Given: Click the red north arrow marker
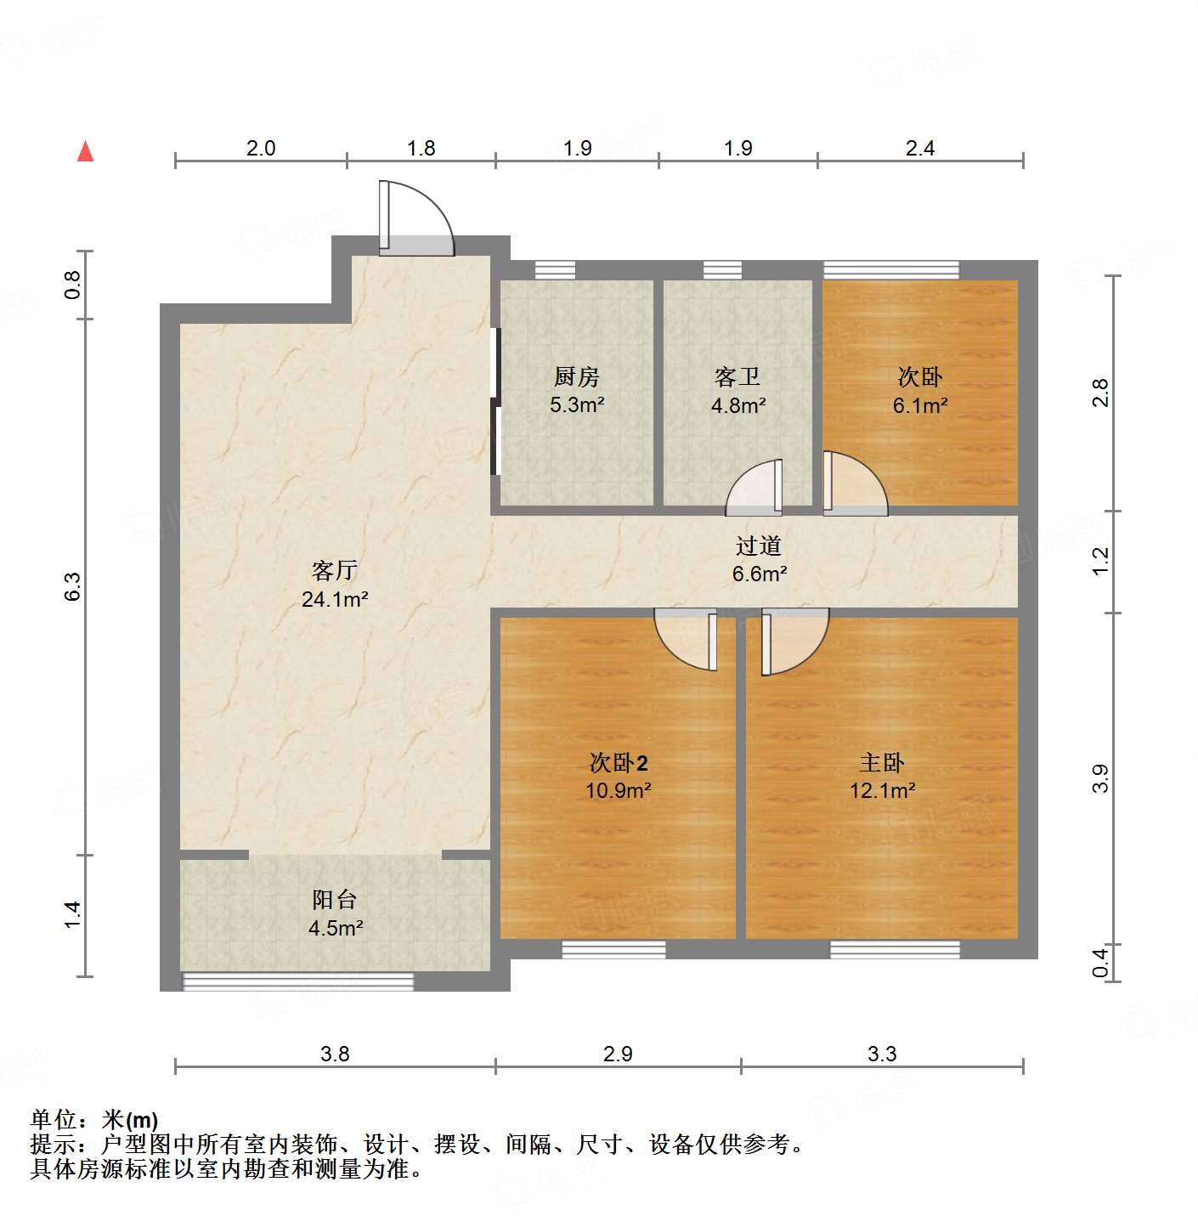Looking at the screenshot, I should (85, 151).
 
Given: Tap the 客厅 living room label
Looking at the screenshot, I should (334, 570).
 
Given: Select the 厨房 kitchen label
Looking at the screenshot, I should (577, 376).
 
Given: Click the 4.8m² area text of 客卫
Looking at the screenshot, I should (737, 405).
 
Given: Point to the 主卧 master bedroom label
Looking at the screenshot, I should (882, 762).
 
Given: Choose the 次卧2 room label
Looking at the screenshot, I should (619, 762).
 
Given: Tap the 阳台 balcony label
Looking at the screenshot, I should (334, 899).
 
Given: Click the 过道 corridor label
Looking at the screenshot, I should (759, 546).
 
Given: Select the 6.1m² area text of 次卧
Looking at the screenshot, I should (919, 405).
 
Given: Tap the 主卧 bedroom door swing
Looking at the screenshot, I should (794, 642).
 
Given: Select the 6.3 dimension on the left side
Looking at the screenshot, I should (73, 586).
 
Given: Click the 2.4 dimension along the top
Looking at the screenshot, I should (919, 148).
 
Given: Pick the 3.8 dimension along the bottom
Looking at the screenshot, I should (335, 1054).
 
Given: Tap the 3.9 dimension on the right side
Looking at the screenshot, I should (1100, 778).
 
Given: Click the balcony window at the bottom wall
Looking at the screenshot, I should (298, 982).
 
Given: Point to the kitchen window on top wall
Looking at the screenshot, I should (555, 270).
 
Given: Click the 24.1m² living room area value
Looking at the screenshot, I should (335, 599).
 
